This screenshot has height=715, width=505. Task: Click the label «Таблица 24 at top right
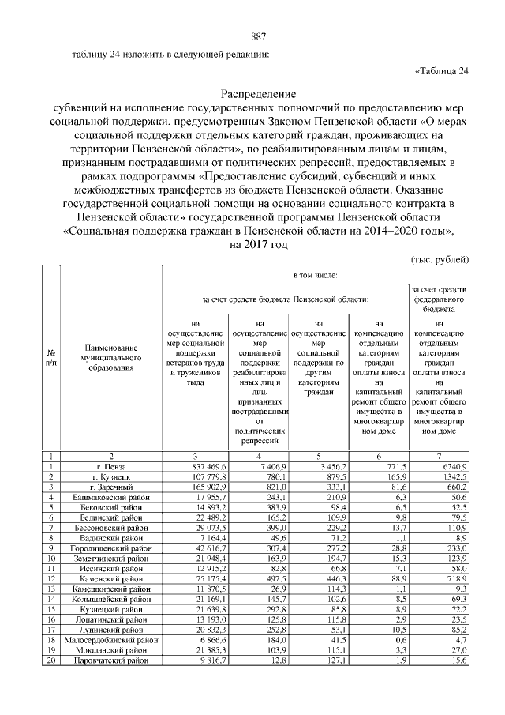[x=442, y=72]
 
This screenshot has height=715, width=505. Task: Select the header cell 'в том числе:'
[x=316, y=276]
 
